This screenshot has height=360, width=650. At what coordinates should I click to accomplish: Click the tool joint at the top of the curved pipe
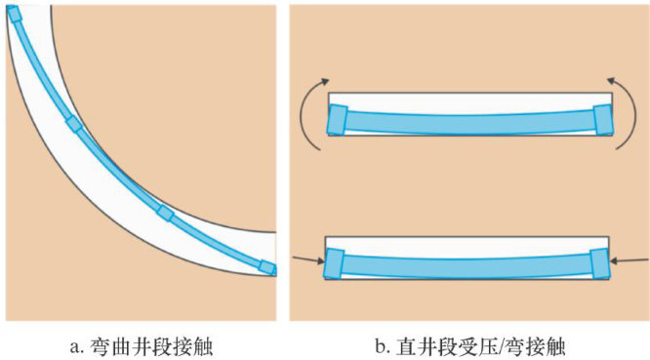(14, 14)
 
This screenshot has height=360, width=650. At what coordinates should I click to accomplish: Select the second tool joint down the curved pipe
(74, 124)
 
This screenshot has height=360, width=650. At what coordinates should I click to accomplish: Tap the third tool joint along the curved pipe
(165, 213)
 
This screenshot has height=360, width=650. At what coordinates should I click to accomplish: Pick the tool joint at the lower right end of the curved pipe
(267, 267)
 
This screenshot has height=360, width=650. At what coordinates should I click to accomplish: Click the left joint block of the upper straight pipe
(337, 120)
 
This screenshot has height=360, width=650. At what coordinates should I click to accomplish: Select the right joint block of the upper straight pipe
(603, 120)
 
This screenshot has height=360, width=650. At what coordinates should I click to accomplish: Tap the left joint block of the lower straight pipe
(334, 263)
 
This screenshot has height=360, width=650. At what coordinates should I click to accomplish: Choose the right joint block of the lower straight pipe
(600, 263)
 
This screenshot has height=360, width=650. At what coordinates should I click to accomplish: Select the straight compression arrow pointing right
(308, 260)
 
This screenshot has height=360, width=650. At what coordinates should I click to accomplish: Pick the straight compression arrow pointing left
(629, 260)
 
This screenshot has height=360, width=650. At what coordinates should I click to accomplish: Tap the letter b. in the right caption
(383, 346)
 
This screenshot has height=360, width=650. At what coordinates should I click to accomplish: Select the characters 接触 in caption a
(192, 346)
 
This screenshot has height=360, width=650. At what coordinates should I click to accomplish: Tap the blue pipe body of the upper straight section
(470, 124)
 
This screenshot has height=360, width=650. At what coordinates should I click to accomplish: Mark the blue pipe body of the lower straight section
(467, 267)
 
